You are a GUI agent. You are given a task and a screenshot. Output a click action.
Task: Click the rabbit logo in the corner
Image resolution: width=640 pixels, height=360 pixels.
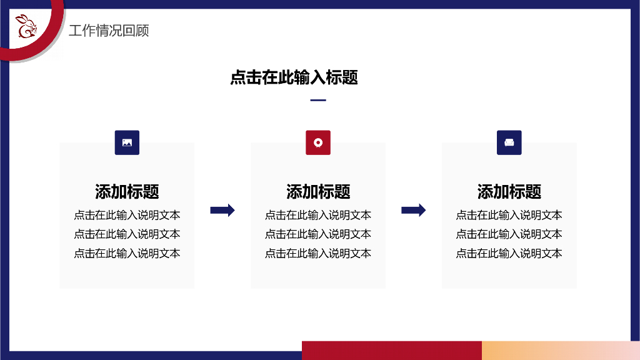click(x=26, y=26)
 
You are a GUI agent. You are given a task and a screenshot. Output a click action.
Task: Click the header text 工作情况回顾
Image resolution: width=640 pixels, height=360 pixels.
click(x=109, y=31)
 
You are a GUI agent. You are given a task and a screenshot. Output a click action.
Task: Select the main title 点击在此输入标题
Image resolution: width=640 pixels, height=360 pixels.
click(x=294, y=77)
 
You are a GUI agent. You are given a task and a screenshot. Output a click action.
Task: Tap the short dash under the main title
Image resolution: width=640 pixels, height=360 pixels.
click(x=318, y=100)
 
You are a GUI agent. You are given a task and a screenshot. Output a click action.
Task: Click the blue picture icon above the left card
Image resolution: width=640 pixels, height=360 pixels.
click(x=127, y=142)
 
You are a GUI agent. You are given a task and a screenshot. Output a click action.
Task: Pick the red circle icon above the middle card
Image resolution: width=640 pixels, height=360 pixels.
click(x=318, y=142)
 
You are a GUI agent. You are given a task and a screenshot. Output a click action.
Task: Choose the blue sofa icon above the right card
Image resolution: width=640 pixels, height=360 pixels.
click(x=509, y=142)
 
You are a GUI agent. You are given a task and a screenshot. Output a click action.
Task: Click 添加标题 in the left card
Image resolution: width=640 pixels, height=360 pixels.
click(x=127, y=191)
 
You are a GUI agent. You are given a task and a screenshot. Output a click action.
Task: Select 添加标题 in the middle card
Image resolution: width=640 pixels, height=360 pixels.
click(x=318, y=191)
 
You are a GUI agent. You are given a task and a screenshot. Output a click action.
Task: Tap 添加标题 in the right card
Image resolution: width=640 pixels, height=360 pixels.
click(x=509, y=191)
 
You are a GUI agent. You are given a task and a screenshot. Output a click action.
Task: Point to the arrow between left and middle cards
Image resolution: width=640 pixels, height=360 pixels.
click(x=222, y=211)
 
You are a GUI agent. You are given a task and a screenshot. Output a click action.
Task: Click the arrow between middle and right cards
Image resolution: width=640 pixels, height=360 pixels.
click(x=413, y=211)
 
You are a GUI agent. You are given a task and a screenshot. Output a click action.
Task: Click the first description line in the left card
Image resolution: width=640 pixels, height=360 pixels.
click(x=127, y=215)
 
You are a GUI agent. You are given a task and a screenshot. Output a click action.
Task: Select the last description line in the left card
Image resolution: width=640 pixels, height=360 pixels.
click(x=127, y=253)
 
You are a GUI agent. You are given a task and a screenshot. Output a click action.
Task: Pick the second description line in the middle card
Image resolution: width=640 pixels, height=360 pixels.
click(x=318, y=234)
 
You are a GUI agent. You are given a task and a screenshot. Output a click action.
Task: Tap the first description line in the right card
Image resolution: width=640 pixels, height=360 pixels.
click(x=509, y=215)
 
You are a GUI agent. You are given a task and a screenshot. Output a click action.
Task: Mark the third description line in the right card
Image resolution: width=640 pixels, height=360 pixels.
click(x=509, y=253)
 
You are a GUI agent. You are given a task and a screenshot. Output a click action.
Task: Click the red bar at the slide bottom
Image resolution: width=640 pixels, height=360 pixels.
click(x=391, y=350)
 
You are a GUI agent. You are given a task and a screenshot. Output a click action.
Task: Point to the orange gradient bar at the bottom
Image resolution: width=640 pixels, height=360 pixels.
click(x=560, y=350)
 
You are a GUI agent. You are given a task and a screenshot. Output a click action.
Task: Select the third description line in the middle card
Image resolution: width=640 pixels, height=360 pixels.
click(x=318, y=253)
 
